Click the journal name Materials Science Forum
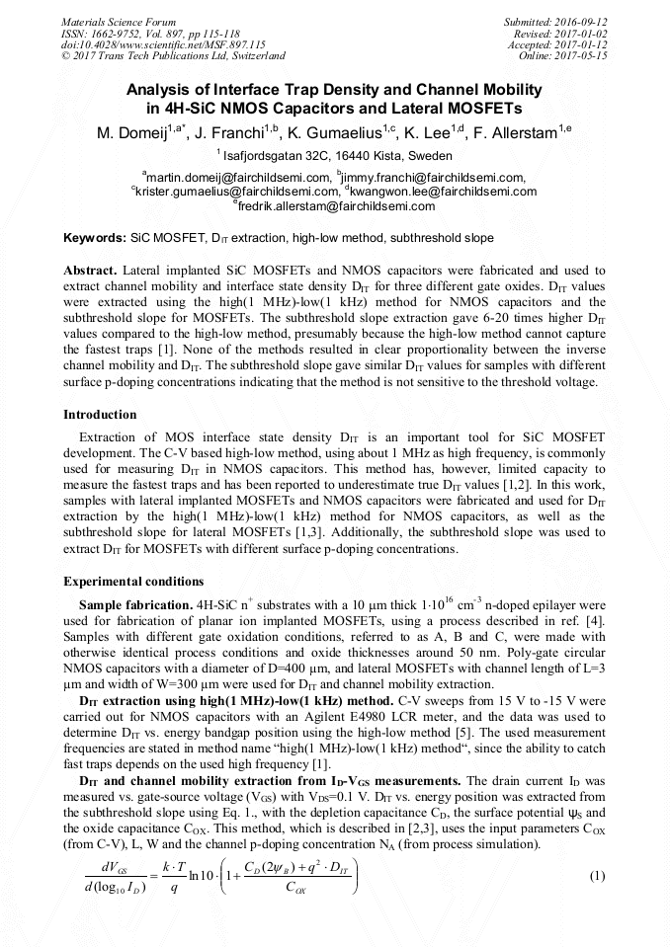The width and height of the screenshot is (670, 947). pyautogui.click(x=119, y=21)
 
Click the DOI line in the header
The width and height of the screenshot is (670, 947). pyautogui.click(x=163, y=44)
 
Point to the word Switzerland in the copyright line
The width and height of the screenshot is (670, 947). pyautogui.click(x=253, y=56)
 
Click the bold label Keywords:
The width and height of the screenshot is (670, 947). pyautogui.click(x=95, y=239)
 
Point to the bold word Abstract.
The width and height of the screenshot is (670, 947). pyautogui.click(x=91, y=270)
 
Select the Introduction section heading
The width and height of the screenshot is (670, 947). pyautogui.click(x=100, y=414)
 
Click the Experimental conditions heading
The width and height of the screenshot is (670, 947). pyautogui.click(x=133, y=581)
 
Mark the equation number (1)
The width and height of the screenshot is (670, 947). pyautogui.click(x=596, y=877)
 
